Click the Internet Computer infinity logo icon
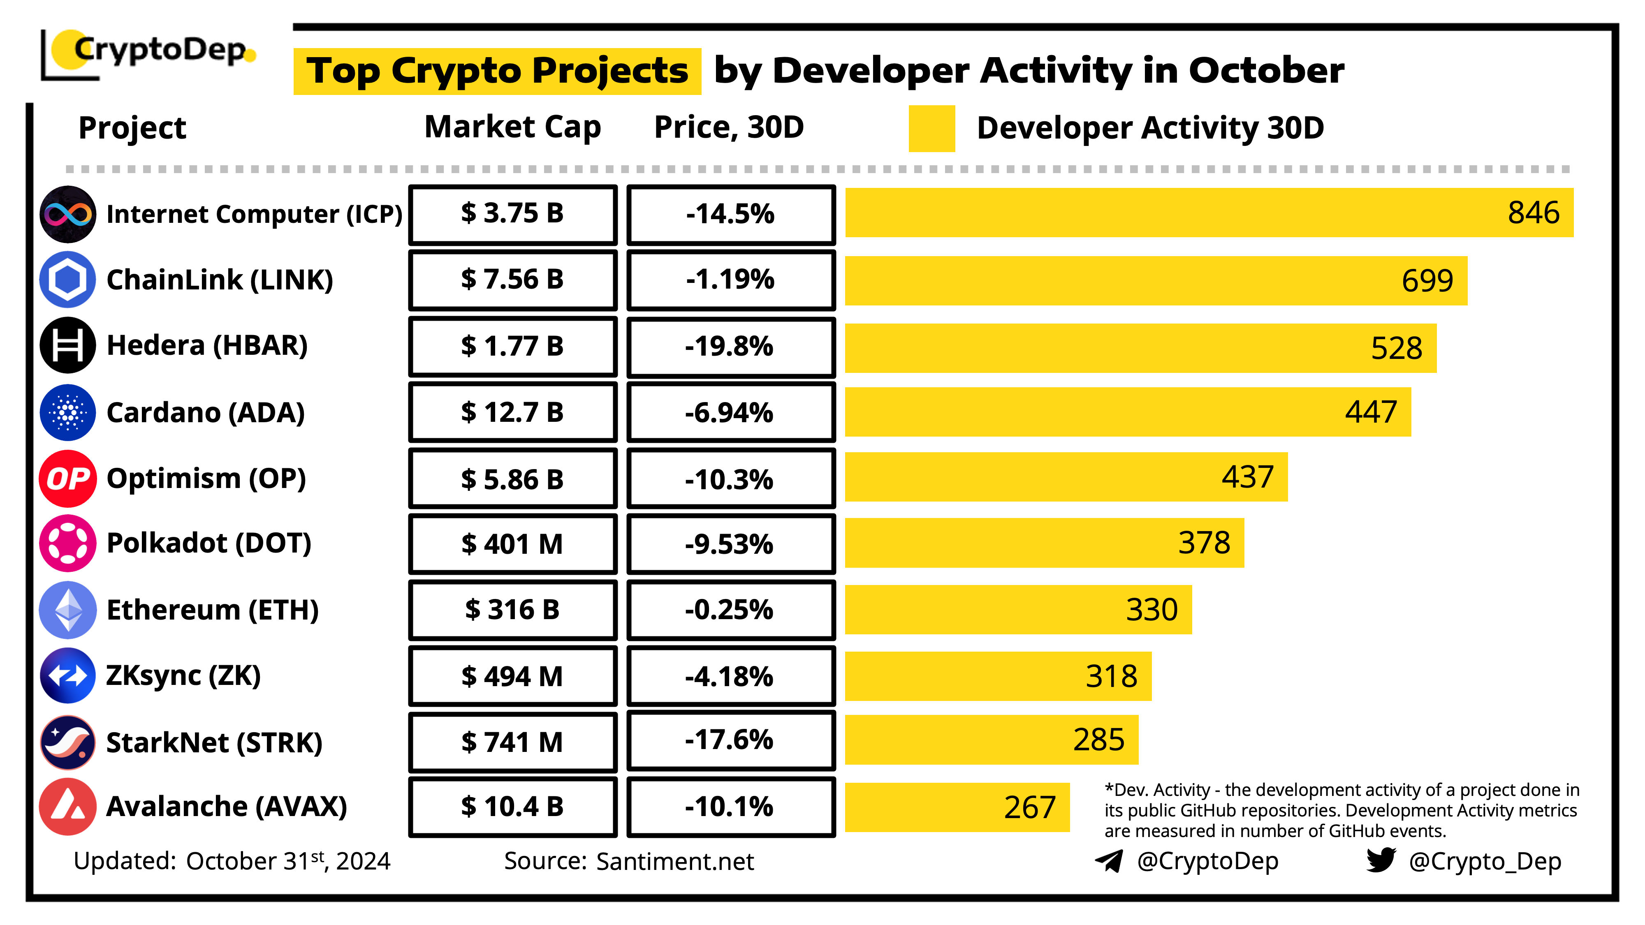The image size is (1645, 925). (68, 215)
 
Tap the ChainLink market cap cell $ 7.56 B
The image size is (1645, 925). (513, 280)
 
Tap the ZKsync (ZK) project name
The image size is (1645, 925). (183, 676)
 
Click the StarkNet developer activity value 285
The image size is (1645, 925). (1098, 740)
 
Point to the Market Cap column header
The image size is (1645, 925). (513, 127)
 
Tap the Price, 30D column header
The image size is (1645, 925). (729, 127)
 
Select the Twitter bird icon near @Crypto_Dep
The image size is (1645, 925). (1381, 860)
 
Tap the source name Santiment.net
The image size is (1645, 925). (674, 862)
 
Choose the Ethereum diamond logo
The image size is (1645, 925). (68, 610)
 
